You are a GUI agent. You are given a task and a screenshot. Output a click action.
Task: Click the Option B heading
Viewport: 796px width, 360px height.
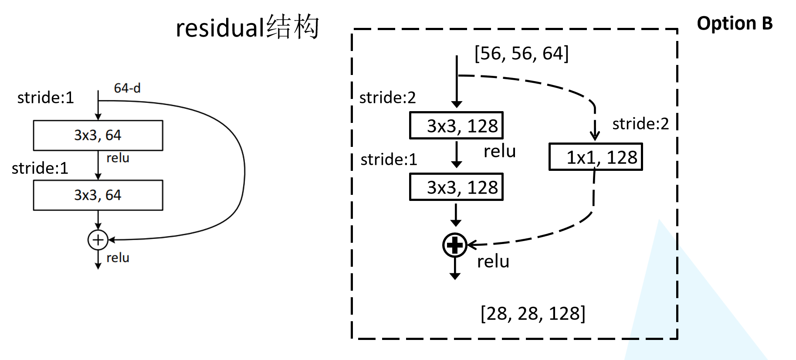point(735,24)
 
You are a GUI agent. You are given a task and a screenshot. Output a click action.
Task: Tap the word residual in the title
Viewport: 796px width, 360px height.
point(218,28)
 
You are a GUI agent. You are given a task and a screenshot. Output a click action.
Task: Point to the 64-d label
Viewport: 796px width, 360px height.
point(127,88)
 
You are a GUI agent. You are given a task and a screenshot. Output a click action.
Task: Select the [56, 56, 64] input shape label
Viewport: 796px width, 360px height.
point(522,54)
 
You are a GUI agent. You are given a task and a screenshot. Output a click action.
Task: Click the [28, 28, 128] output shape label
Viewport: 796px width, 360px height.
point(533,313)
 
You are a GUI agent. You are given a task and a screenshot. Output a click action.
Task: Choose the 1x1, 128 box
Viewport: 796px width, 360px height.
point(596,157)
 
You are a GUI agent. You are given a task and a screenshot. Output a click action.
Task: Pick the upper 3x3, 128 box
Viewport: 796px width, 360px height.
point(456,126)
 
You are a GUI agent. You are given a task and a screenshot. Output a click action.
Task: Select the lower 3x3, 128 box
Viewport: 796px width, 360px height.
point(456,187)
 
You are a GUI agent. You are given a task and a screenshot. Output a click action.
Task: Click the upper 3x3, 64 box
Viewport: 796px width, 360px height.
point(98,136)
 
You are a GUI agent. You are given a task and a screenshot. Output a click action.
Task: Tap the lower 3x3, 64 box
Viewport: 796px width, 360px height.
point(98,195)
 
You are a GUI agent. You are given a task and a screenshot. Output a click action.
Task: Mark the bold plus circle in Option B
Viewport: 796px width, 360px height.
point(455,245)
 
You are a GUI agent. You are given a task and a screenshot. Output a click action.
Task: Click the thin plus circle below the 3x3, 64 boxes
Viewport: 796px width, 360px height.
point(98,240)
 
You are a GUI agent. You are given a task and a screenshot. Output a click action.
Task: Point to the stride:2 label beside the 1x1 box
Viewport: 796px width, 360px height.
point(640,124)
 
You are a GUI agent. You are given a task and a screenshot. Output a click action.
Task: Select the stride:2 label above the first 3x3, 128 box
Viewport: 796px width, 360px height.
point(387,98)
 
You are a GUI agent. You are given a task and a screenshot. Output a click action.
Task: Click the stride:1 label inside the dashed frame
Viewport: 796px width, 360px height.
point(389,160)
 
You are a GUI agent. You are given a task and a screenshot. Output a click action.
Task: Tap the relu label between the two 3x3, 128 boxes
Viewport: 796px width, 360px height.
point(499,151)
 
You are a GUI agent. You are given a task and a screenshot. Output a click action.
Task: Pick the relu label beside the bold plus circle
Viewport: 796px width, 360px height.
point(493,262)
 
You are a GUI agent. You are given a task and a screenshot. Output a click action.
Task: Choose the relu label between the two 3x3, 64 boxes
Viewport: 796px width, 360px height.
point(118,158)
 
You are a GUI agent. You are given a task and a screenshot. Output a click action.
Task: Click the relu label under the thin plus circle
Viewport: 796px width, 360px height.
point(118,258)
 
